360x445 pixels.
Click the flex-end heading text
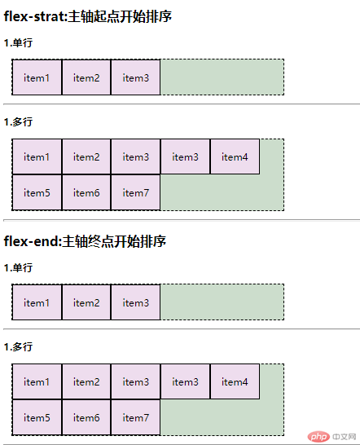coord(85,241)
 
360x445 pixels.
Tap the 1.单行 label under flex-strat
coord(18,43)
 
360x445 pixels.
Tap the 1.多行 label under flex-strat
coord(18,122)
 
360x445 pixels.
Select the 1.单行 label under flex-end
coord(18,268)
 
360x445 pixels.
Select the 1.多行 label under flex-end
coord(18,347)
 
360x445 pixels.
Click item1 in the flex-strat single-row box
coord(37,77)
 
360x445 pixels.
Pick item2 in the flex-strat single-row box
coord(86,77)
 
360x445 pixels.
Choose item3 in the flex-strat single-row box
coord(135,77)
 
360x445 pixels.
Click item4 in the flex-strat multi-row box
coord(235,156)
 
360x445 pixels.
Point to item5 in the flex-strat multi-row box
coord(37,192)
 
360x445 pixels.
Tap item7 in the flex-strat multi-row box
coord(135,192)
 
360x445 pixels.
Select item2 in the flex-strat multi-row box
coord(86,156)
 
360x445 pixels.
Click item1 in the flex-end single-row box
coord(37,302)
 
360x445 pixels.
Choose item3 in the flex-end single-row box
coord(135,302)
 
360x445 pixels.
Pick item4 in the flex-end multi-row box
coord(235,381)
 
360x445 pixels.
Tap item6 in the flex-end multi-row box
coord(86,417)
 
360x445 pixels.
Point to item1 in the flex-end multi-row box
coord(37,381)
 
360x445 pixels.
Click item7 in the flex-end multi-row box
coord(135,417)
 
